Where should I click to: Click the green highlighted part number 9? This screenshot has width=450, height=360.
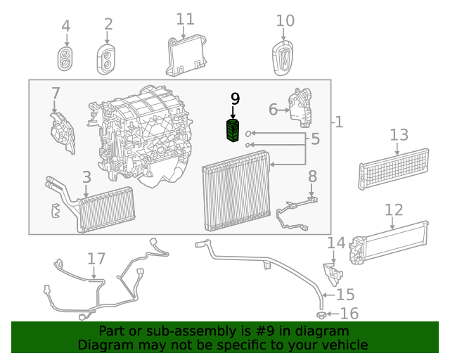pyautogui.click(x=233, y=130)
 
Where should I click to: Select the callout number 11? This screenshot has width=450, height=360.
pyautogui.click(x=185, y=19)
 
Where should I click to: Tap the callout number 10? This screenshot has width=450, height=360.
pyautogui.click(x=285, y=20)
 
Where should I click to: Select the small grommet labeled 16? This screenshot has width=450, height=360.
pyautogui.click(x=320, y=314)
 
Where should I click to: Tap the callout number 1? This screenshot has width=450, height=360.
pyautogui.click(x=339, y=122)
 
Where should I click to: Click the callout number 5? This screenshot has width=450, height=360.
pyautogui.click(x=315, y=139)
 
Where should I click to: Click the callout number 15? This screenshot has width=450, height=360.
pyautogui.click(x=346, y=295)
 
